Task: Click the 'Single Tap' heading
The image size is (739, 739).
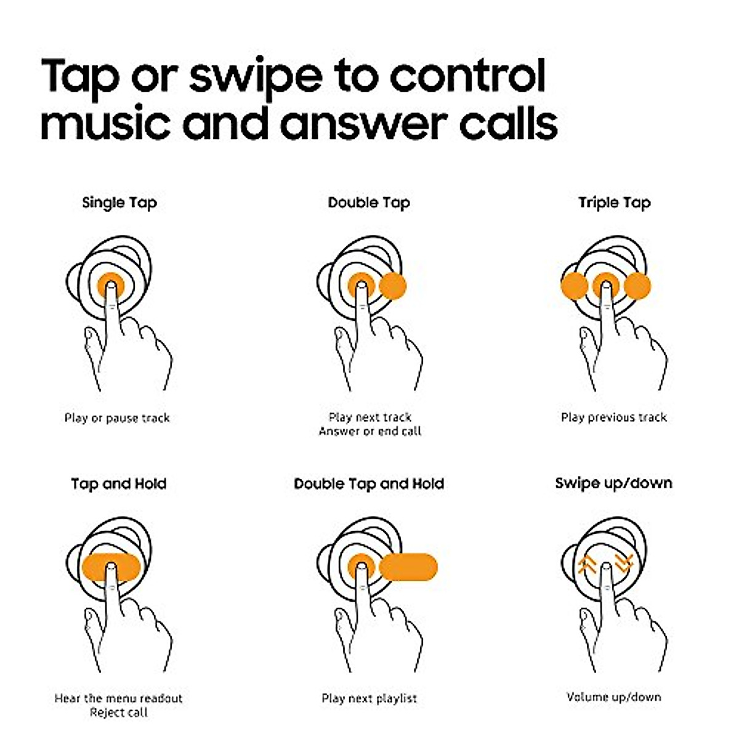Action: (x=119, y=203)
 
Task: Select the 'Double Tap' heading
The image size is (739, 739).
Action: (x=369, y=203)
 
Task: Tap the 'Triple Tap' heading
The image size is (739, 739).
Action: (x=614, y=203)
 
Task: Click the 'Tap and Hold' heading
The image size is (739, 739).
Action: (x=118, y=483)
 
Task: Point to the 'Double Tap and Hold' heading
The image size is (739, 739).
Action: (x=369, y=483)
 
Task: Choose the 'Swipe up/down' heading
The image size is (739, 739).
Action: (x=613, y=483)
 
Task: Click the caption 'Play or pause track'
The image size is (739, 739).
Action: (x=117, y=418)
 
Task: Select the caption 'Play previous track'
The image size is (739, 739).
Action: (x=613, y=418)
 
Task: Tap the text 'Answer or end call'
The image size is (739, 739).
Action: (x=369, y=432)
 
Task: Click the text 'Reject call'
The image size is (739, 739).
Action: (x=119, y=713)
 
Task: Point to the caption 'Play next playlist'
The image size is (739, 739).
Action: (x=369, y=698)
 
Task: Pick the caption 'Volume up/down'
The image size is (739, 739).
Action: (x=613, y=697)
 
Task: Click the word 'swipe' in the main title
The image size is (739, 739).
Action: (x=255, y=77)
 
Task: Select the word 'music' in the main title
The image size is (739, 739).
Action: (x=105, y=123)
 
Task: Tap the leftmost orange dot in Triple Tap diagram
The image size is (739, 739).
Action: (x=574, y=286)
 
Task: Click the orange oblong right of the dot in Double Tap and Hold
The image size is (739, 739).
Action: (x=408, y=567)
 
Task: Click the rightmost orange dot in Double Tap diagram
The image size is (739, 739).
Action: (x=393, y=286)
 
